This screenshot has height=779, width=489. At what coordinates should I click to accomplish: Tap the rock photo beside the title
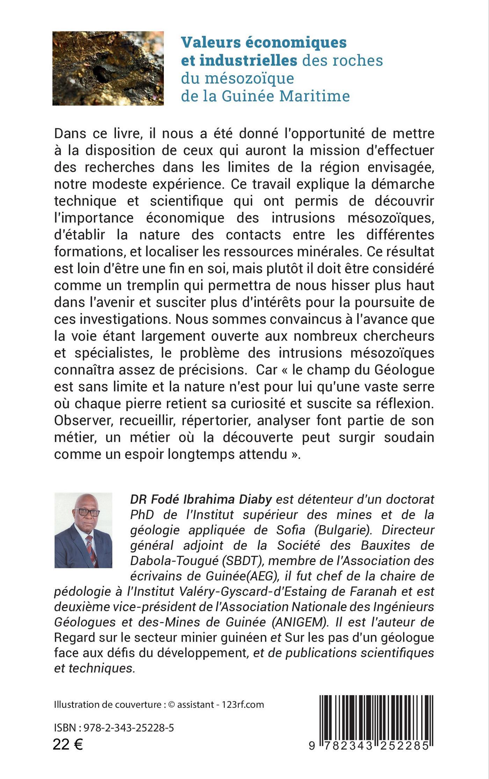tap(108, 68)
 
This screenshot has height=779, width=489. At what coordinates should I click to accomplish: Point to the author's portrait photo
tap(83, 530)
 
